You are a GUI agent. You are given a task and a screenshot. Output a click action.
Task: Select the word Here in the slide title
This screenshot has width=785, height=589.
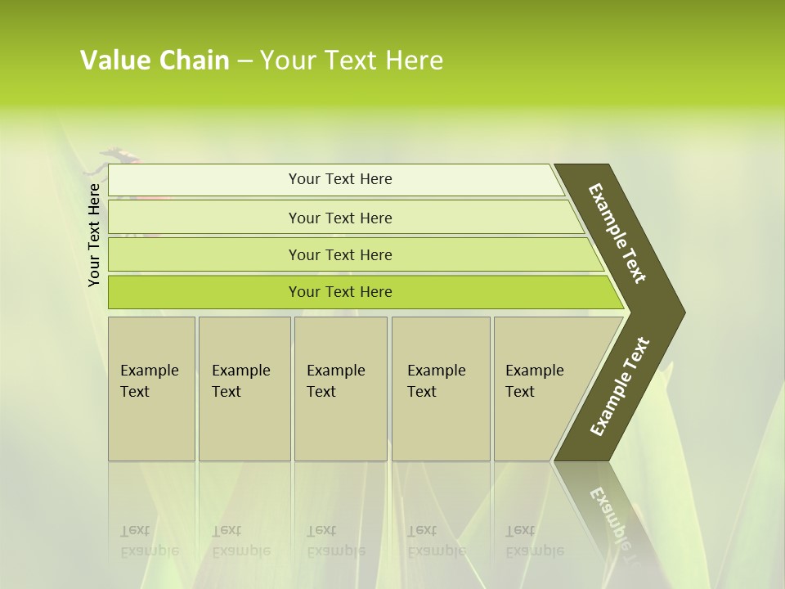(414, 61)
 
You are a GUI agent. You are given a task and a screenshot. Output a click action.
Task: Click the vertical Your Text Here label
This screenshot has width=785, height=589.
(94, 235)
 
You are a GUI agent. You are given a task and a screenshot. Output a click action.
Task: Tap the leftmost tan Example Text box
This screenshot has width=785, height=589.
(151, 389)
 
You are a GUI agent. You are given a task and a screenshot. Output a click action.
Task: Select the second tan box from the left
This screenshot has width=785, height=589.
(244, 389)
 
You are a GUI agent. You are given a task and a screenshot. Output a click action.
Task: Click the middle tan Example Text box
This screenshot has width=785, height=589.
(340, 389)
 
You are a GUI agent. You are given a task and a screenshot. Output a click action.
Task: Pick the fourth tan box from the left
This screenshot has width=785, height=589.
(441, 389)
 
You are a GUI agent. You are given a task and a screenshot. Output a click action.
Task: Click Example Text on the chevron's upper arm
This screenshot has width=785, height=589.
(617, 232)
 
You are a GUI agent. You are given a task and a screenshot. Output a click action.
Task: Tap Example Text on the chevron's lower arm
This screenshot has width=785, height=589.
(619, 386)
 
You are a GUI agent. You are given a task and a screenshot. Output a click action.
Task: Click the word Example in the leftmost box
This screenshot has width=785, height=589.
(149, 371)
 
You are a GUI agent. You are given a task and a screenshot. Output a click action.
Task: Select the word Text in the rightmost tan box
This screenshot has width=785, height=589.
(520, 392)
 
